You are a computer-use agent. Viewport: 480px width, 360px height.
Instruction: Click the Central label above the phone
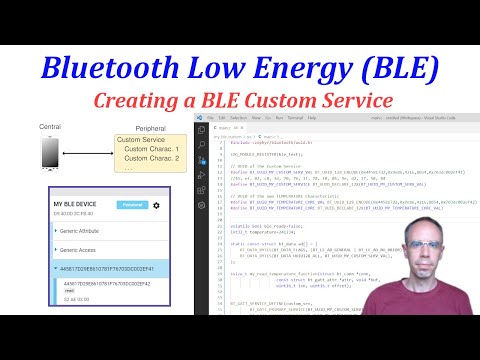pyautogui.click(x=49, y=127)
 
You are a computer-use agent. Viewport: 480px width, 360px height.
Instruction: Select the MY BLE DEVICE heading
pyautogui.click(x=76, y=205)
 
